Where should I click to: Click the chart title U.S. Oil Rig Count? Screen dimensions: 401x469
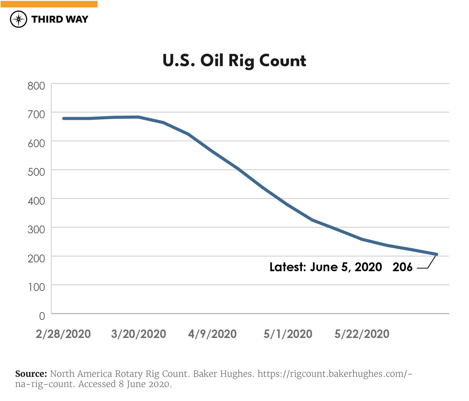click(234, 61)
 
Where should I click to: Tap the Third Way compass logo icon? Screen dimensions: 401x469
click(18, 19)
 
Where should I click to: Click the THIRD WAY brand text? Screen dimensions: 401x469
click(60, 19)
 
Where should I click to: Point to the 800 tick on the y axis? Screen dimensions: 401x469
click(36, 86)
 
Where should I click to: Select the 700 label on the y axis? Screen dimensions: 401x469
click(36, 114)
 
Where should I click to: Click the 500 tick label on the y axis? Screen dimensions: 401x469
click(36, 172)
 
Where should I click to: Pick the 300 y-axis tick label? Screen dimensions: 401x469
click(36, 230)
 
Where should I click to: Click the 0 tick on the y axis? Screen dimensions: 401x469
click(42, 316)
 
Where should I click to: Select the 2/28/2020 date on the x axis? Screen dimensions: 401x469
click(63, 334)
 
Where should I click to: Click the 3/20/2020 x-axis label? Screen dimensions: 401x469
click(138, 334)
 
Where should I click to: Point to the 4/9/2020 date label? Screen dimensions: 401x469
click(212, 334)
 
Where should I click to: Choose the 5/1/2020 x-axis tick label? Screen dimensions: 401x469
click(288, 334)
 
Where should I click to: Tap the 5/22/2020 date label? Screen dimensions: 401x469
click(362, 334)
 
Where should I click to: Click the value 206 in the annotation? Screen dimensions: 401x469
click(402, 267)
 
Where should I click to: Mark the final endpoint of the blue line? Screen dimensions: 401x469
click(437, 254)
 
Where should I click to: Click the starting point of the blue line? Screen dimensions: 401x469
click(64, 119)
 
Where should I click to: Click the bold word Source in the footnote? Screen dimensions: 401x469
click(31, 374)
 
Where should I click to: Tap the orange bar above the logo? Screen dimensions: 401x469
click(49, 4)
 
